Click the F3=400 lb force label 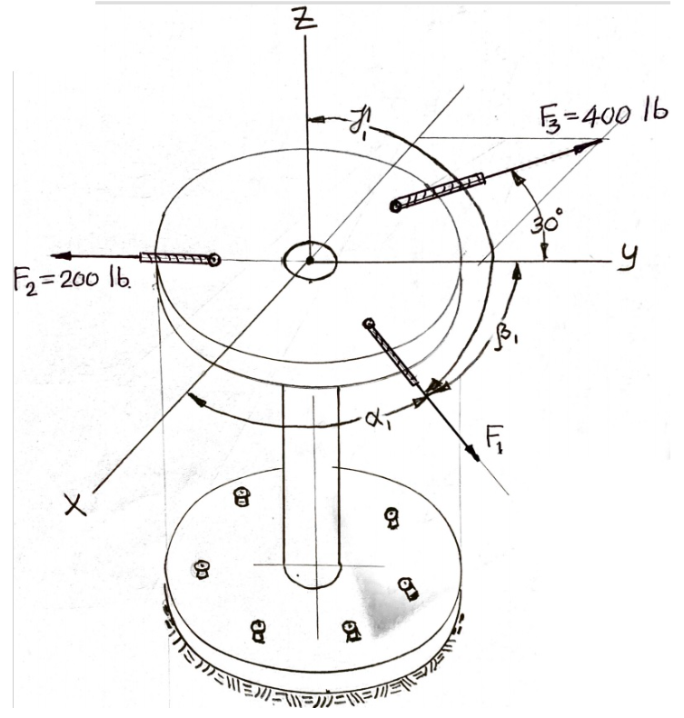(x=601, y=115)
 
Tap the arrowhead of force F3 (x=594, y=143)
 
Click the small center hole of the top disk (x=310, y=261)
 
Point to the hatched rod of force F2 (x=174, y=259)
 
